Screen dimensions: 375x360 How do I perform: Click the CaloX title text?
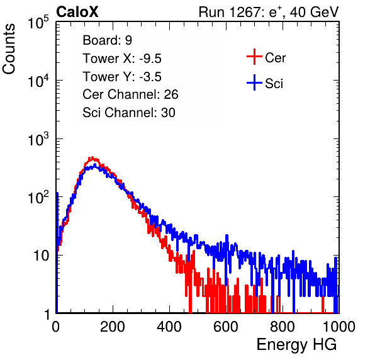tap(77, 12)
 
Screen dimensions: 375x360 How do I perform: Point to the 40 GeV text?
tap(314, 12)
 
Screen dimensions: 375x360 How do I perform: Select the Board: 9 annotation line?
tap(107, 40)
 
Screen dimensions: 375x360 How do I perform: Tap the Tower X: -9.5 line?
tap(122, 59)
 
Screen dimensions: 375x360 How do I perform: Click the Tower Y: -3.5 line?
tap(122, 77)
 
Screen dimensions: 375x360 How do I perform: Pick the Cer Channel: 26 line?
tap(130, 94)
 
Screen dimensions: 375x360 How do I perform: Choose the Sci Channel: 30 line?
tap(129, 113)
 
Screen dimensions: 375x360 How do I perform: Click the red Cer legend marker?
tap(254, 57)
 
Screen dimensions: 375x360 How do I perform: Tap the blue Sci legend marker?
tap(254, 82)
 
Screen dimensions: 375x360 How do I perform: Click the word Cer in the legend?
tap(275, 58)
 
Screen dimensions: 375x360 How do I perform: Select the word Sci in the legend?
tap(274, 84)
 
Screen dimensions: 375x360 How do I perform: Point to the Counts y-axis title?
tap(9, 49)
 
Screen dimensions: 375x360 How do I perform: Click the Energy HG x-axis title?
tap(296, 345)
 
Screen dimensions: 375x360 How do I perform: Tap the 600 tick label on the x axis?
tap(226, 327)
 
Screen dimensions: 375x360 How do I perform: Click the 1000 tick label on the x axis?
tap(339, 327)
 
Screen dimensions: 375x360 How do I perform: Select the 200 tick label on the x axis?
tap(113, 327)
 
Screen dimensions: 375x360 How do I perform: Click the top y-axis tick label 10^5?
tap(38, 22)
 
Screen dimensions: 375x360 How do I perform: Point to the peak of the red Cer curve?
tap(92, 157)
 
